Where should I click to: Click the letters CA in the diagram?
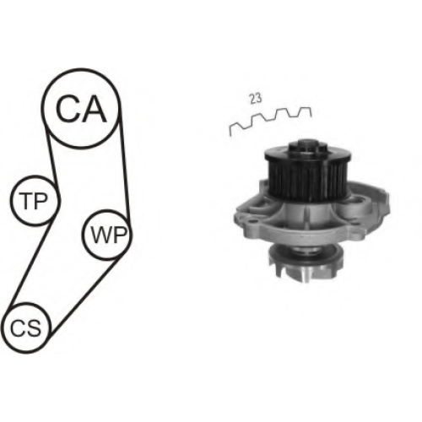point(81,109)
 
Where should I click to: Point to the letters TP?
point(34,201)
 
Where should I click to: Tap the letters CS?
point(26,328)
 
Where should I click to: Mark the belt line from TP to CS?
point(30,263)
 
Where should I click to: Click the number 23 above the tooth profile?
point(256,99)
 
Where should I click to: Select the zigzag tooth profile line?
point(271,120)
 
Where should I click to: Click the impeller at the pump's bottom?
point(306,263)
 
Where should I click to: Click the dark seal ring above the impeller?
point(306,250)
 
